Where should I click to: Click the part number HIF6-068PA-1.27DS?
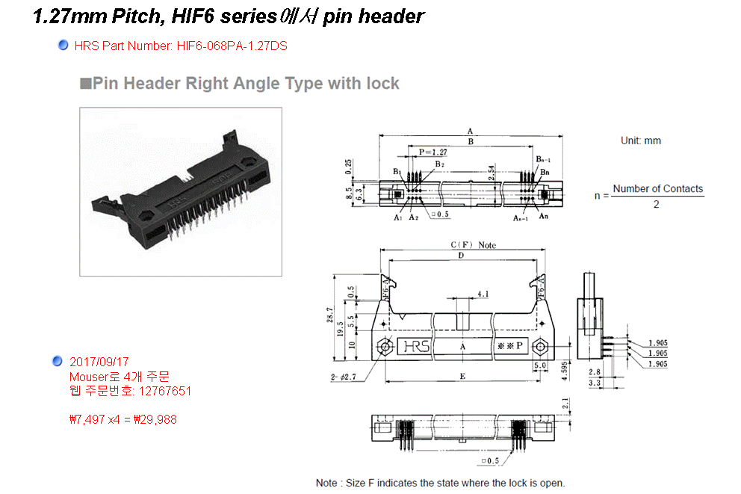(x=232, y=46)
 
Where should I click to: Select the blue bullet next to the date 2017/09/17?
(x=58, y=362)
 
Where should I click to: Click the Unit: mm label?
(x=640, y=141)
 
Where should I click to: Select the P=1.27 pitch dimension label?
(x=432, y=152)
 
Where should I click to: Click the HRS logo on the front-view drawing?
(x=416, y=347)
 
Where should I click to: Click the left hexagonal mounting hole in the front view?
(x=385, y=347)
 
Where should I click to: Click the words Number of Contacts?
(x=657, y=188)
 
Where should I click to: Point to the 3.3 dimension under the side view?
(x=595, y=382)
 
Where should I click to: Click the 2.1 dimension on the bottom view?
(x=565, y=404)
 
